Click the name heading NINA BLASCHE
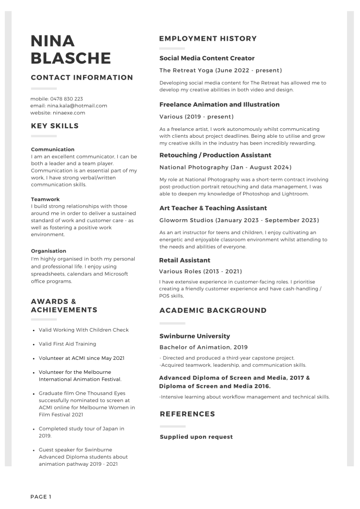click(71, 49)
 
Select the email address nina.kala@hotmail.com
click(77, 105)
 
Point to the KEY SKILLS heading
click(55, 126)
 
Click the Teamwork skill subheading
click(45, 199)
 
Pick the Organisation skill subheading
click(48, 251)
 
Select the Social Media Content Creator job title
click(206, 58)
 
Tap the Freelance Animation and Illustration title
click(219, 104)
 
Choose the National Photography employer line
click(225, 167)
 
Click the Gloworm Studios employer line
click(239, 220)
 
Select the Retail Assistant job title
click(184, 260)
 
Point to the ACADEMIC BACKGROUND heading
click(213, 310)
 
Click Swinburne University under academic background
click(194, 336)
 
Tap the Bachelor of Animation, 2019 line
click(203, 347)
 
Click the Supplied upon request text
click(196, 437)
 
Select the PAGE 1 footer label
click(41, 497)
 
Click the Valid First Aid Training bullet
click(67, 344)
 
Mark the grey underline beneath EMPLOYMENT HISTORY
click(172, 48)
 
